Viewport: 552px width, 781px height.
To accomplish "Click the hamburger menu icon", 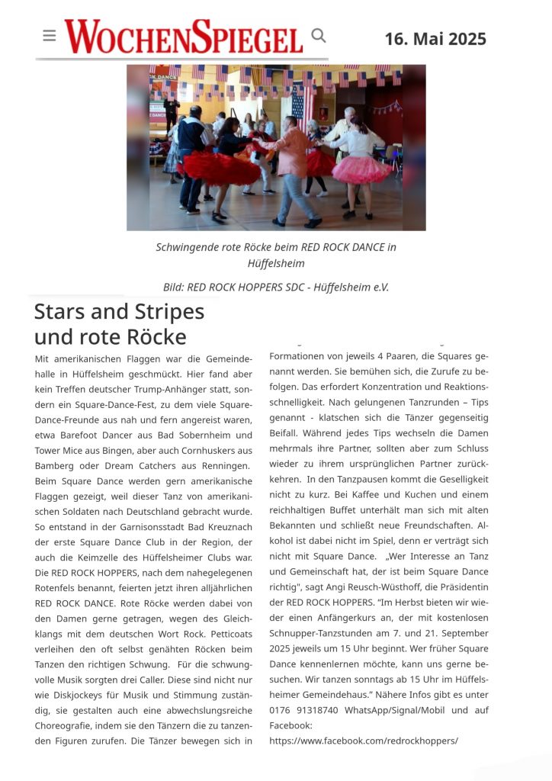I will (50, 36).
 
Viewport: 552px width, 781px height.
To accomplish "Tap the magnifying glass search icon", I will (319, 35).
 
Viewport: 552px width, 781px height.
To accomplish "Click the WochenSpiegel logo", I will (183, 37).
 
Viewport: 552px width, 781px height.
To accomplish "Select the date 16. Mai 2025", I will (435, 39).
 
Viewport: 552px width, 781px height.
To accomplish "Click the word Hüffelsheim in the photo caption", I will (276, 263).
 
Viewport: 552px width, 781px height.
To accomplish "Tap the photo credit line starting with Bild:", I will (276, 287).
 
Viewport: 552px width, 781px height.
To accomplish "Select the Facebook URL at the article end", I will (364, 740).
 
